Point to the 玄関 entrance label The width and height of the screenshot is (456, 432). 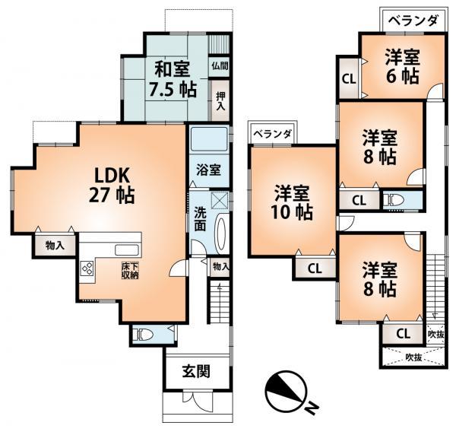click(195, 373)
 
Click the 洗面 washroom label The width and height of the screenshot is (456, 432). click(199, 219)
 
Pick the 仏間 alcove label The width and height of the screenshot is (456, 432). click(220, 66)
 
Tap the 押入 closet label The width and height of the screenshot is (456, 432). click(220, 101)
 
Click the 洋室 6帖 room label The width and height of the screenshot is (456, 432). click(401, 66)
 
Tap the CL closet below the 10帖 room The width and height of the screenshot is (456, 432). click(315, 268)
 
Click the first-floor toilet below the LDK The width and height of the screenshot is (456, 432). click(142, 334)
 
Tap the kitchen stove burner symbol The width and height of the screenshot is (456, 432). click(87, 268)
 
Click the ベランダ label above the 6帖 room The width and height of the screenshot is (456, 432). click(411, 21)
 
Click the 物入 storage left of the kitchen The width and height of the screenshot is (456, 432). click(54, 245)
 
